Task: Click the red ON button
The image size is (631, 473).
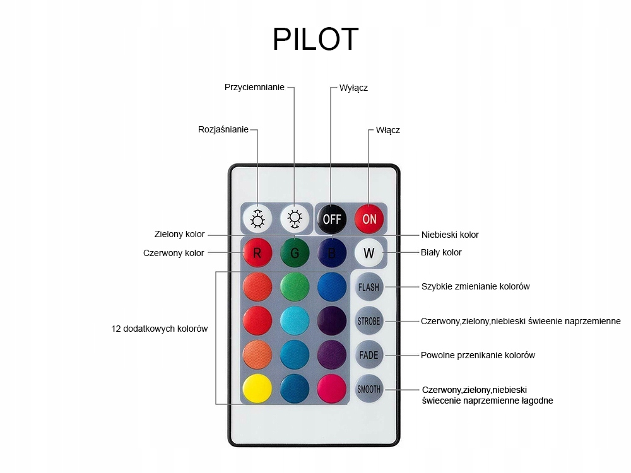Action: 369,218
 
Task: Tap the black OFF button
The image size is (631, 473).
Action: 332,218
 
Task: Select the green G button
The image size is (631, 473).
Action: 295,253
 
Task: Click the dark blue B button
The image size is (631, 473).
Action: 332,253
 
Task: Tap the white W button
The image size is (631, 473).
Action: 369,253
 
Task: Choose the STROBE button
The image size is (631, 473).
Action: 369,321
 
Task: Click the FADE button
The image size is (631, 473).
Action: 369,355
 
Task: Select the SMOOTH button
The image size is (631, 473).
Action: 369,389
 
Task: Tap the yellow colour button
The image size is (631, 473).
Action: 257,389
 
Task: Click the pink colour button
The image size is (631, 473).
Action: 332,389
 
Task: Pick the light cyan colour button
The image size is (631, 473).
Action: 295,320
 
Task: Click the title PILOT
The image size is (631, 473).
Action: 315,40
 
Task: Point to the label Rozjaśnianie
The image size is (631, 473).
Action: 223,130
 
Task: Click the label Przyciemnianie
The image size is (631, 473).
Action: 254,87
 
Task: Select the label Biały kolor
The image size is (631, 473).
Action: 441,252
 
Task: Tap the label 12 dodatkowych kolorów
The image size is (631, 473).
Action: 160,329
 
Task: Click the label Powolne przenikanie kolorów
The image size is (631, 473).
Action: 478,355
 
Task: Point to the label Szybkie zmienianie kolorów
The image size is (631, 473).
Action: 475,286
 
